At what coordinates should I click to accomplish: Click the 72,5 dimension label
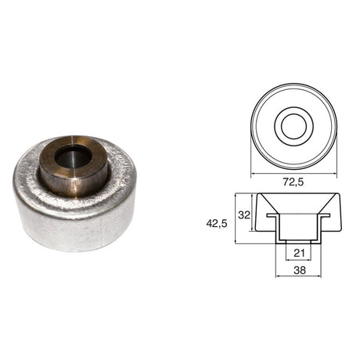point(293,182)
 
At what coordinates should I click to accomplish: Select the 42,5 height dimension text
point(217,224)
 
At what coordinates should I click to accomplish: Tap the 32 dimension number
point(244,215)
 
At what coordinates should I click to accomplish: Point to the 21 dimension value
point(299,253)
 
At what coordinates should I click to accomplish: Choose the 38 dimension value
point(300,270)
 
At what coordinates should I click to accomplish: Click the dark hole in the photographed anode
point(74,158)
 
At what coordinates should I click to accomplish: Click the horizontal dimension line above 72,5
point(293,174)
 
